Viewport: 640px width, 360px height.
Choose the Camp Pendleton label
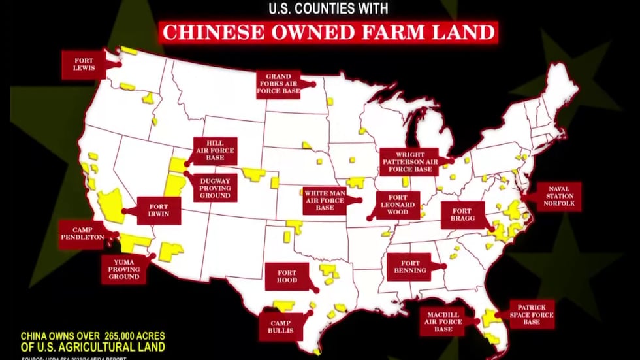[x=81, y=234]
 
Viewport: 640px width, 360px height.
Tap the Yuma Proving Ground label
[x=125, y=268]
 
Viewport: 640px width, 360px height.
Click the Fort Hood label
[x=287, y=276]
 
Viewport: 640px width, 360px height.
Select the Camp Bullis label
[x=285, y=325]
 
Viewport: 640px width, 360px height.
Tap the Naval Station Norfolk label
[x=558, y=195]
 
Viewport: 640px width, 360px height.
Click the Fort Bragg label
[x=463, y=216]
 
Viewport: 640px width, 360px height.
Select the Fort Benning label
[x=409, y=266]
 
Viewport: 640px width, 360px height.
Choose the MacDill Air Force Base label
[x=444, y=321]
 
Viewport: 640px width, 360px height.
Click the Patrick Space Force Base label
[x=532, y=314]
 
